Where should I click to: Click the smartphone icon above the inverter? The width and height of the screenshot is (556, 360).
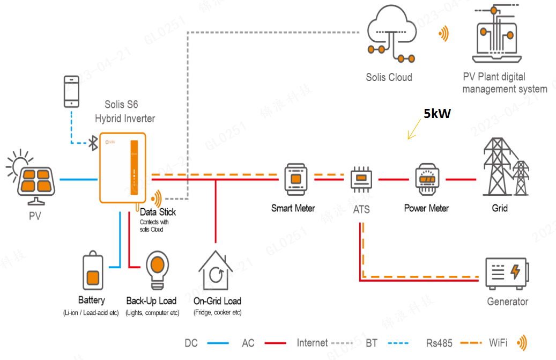[71, 92]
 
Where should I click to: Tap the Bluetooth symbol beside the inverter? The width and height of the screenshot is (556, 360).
[93, 143]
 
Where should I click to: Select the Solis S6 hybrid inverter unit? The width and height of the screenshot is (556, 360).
[123, 168]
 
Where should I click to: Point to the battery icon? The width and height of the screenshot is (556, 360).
[93, 270]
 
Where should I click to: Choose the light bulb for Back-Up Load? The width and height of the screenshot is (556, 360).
[158, 270]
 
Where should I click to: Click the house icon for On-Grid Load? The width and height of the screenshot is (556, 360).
[216, 270]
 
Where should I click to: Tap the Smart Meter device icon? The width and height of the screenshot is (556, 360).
[296, 180]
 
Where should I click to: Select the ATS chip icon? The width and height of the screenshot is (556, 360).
[361, 180]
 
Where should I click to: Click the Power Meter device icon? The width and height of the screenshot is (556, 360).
[427, 180]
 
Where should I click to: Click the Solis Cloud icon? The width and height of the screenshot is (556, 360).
[391, 34]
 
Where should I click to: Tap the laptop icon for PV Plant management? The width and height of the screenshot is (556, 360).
[496, 34]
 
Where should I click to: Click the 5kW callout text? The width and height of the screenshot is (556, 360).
[437, 114]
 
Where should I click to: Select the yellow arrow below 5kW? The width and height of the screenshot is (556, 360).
[414, 129]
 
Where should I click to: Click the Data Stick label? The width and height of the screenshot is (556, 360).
[158, 212]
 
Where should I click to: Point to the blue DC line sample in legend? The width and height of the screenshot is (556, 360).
[218, 343]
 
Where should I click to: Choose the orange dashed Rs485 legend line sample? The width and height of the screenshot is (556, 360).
[471, 343]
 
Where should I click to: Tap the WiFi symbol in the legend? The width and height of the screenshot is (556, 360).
[522, 343]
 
